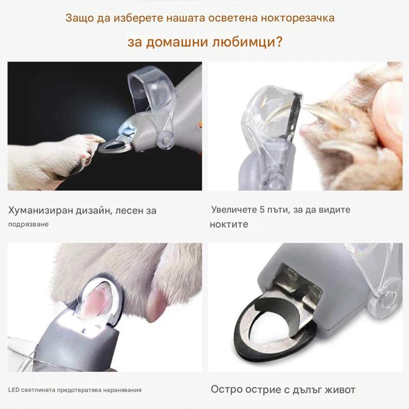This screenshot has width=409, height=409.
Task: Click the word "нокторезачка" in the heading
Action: tap(298, 18)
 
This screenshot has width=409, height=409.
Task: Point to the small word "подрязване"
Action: tap(29, 224)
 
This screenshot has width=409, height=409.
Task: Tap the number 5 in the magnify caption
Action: tap(262, 210)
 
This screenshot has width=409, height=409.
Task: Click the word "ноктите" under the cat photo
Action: tap(229, 224)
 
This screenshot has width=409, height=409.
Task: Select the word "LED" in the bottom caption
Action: tap(14, 390)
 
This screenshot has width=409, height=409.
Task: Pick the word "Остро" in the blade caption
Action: tap(227, 390)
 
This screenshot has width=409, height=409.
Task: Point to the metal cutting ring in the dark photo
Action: tap(115, 147)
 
